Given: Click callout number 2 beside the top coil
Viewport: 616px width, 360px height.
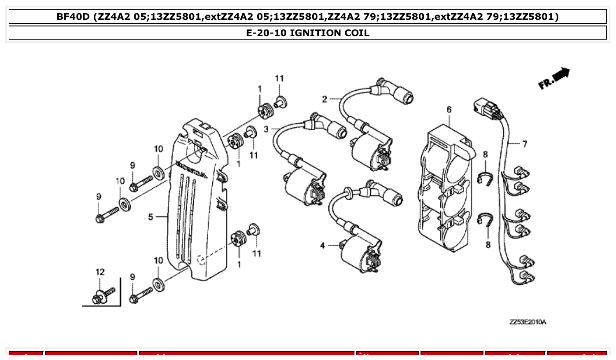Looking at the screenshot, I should click(325, 99).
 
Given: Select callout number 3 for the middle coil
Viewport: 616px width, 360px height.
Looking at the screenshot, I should click(266, 129).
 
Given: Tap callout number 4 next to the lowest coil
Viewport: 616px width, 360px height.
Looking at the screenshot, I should click(322, 245).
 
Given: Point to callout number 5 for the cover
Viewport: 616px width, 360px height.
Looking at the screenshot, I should click(151, 217).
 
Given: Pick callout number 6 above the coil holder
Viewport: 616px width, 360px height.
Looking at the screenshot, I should click(449, 109).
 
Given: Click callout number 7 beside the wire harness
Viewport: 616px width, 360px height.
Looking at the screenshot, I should click(524, 144).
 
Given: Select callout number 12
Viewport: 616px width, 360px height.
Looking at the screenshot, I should click(100, 272).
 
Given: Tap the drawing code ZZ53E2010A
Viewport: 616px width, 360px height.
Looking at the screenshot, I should click(527, 322).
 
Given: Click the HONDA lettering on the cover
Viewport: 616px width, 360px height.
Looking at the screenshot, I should click(192, 169).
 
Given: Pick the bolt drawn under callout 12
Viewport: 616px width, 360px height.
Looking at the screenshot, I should click(103, 296).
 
